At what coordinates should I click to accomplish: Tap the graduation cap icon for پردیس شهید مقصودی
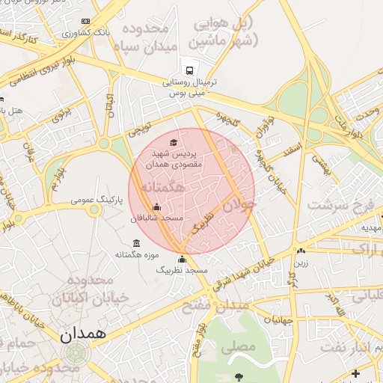pyautogui.click(x=174, y=141)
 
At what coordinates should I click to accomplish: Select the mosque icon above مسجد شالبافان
pyautogui.click(x=156, y=207)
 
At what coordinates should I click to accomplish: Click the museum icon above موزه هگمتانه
pyautogui.click(x=135, y=243)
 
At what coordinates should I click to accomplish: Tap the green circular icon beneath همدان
pyautogui.click(x=75, y=352)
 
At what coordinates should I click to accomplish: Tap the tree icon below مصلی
pyautogui.click(x=238, y=376)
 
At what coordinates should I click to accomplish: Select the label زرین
pyautogui.click(x=301, y=263)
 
